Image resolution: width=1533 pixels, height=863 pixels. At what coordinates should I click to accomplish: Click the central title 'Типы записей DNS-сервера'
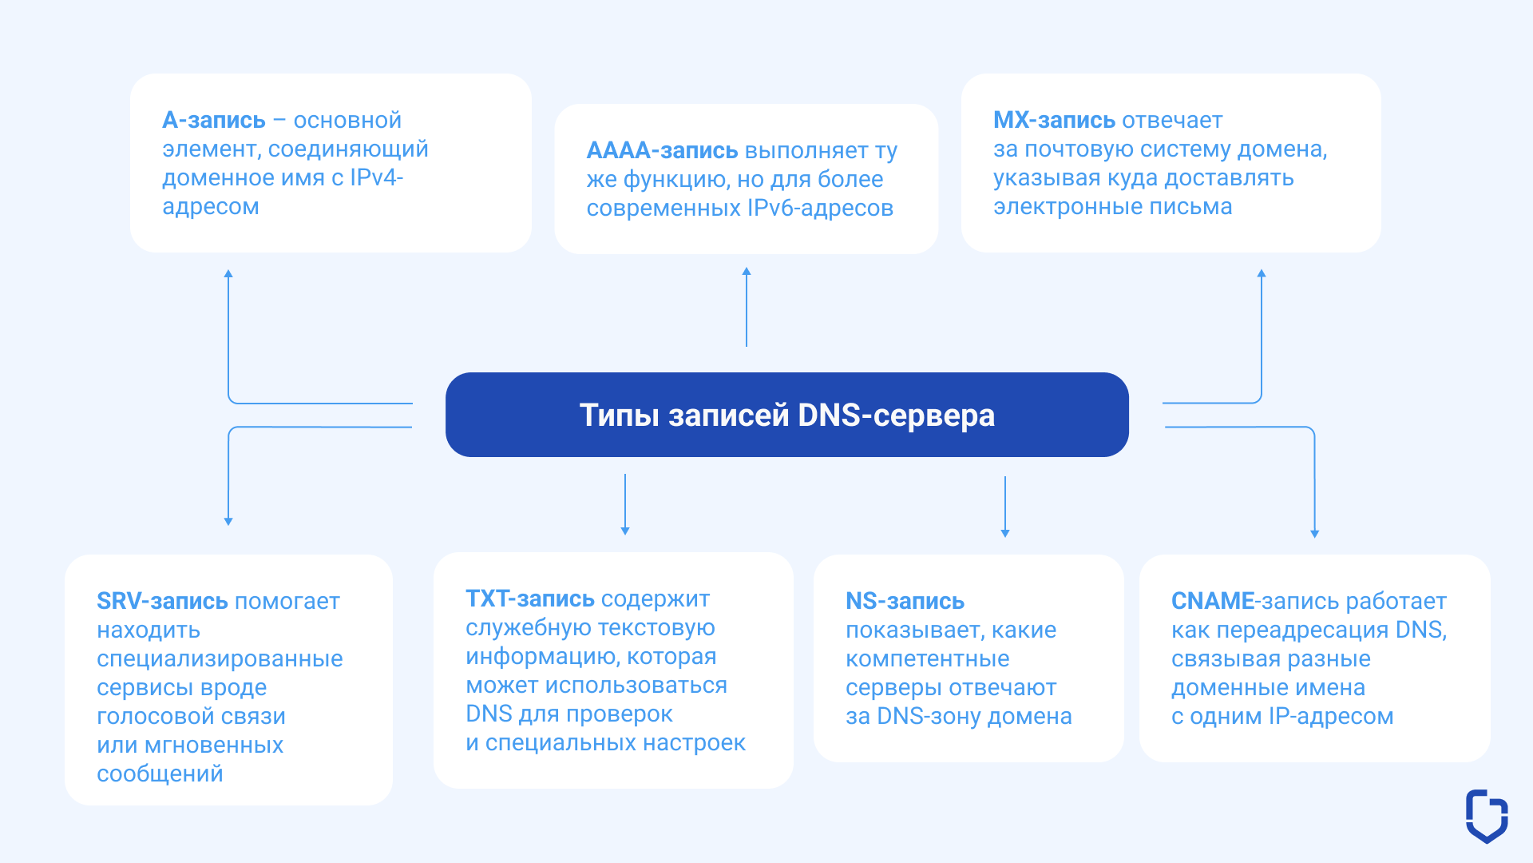(x=786, y=416)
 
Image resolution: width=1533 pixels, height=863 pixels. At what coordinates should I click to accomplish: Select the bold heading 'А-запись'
(x=214, y=120)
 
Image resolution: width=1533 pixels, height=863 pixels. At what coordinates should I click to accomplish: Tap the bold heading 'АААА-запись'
(x=662, y=150)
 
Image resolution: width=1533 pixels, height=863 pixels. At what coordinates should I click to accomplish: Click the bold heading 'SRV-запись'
(x=162, y=601)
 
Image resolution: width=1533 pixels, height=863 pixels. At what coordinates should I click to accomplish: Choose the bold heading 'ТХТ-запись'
(x=530, y=599)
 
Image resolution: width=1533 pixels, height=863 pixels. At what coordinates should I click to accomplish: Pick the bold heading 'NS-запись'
(x=905, y=601)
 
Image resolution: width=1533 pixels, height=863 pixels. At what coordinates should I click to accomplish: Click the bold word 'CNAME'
(x=1213, y=601)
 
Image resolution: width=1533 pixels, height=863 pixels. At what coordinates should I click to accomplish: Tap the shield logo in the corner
(x=1487, y=816)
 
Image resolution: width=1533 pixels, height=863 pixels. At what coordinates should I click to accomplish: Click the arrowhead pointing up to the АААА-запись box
(x=747, y=272)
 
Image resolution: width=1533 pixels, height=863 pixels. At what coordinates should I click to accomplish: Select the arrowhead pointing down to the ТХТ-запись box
(x=625, y=531)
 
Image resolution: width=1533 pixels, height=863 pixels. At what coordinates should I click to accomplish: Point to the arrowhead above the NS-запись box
(x=1005, y=533)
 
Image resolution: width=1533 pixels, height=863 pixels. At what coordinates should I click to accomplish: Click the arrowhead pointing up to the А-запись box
(x=228, y=274)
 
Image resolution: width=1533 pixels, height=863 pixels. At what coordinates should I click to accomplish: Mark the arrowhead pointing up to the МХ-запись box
(x=1262, y=273)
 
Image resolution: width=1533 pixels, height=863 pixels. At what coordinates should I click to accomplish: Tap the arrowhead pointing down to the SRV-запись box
(x=228, y=521)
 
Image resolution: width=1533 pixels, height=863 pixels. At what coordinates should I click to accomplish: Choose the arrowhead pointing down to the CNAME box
(x=1314, y=534)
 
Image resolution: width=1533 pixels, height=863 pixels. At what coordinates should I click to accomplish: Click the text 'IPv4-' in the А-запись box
(x=376, y=177)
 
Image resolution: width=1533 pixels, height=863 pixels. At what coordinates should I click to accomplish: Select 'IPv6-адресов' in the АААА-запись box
(x=820, y=208)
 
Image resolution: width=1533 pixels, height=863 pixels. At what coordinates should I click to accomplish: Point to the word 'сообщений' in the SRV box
(x=160, y=774)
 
